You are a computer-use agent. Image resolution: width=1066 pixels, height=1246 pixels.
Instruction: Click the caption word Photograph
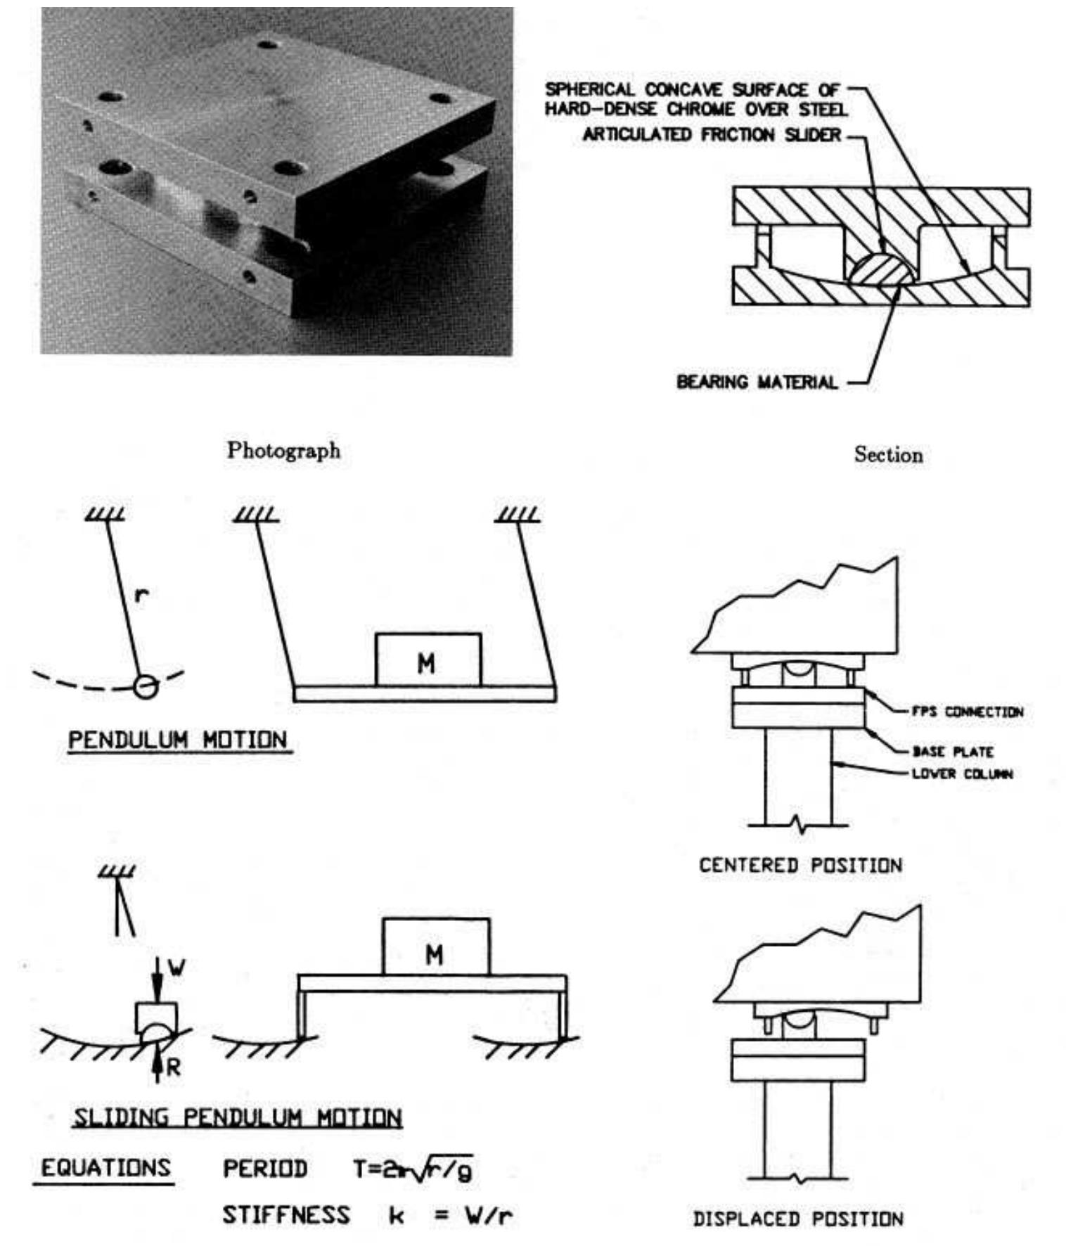[x=283, y=451]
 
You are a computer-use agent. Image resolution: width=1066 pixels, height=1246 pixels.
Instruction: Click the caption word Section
[x=888, y=455]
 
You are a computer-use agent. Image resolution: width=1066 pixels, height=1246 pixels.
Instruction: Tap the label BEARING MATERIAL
[x=757, y=383]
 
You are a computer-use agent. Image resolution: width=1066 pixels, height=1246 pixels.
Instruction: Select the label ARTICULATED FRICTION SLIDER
[x=711, y=134]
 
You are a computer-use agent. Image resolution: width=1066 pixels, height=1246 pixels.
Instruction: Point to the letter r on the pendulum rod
[x=141, y=596]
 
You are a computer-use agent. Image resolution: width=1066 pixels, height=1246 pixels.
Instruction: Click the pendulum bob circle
[x=146, y=686]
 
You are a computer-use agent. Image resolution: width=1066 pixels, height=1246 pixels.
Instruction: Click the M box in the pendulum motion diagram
[x=428, y=660]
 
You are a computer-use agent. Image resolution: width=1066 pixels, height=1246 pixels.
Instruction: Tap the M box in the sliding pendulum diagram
[x=436, y=947]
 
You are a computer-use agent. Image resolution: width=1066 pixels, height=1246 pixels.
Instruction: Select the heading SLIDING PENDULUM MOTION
[x=237, y=1118]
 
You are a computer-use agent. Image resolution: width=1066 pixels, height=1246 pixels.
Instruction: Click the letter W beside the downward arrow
[x=176, y=968]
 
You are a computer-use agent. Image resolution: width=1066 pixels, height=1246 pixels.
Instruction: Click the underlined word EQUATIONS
[x=105, y=1168]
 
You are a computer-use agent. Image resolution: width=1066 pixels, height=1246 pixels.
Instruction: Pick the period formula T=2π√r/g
[x=412, y=1169]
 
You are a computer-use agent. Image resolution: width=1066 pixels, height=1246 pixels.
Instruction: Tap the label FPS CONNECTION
[x=967, y=712]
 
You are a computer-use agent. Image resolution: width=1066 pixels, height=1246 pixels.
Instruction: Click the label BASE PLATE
[x=952, y=752]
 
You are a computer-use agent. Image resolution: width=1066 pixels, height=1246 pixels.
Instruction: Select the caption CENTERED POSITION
[x=799, y=866]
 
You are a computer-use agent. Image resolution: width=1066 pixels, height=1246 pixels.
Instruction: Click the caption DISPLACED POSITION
[x=798, y=1219]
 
